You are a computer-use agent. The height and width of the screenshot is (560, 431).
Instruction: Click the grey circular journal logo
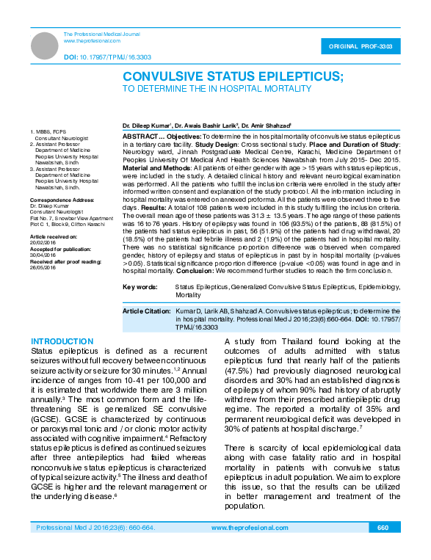coord(45,46)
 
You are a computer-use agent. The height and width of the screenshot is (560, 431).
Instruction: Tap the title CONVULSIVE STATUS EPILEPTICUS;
coord(233,76)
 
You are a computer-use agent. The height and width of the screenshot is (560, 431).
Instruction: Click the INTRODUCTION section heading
coord(62,342)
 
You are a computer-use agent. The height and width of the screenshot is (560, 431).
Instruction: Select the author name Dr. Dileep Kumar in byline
coord(147,126)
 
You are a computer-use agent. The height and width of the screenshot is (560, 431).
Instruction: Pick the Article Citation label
coord(146,311)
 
